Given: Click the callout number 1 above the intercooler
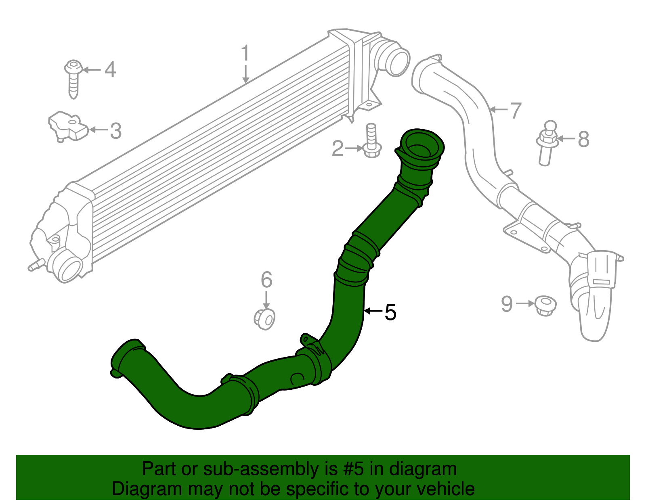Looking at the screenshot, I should pos(245,54).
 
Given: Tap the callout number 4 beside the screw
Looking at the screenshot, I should pos(110,70).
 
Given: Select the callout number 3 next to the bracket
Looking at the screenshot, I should pos(116,131).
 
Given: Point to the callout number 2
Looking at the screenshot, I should pos(338,148).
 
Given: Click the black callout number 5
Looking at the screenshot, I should pos(390,312).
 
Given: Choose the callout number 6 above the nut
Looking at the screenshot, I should pos(266,280).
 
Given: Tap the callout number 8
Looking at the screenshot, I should pos(583,139).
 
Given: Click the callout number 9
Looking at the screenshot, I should pos(507,303).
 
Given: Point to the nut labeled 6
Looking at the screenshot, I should pos(264,319).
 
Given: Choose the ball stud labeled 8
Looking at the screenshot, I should pos(547,143).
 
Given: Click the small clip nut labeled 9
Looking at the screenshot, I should pos(545,305).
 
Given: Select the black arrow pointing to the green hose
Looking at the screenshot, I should pos(373,311).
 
